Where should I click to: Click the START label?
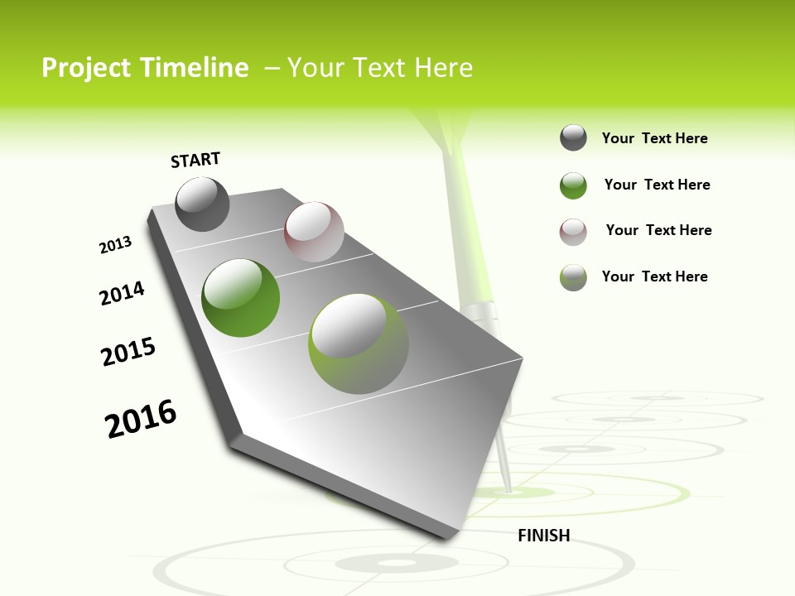pos(195,160)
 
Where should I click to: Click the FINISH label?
pos(543,536)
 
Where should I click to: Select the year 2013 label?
pos(116,245)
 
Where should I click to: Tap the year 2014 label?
pos(123,293)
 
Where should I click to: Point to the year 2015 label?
pos(128,352)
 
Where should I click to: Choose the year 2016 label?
pos(141,418)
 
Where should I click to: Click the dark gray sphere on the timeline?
pos(202,204)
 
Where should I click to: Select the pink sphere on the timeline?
pos(314,232)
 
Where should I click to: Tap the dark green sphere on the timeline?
pos(240,298)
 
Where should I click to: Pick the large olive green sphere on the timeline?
pos(358,344)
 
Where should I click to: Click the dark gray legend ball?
pos(573,137)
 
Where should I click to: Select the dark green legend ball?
pos(573,185)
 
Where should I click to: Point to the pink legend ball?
pos(573,232)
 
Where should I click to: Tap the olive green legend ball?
pos(573,277)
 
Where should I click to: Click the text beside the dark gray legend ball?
pos(654,138)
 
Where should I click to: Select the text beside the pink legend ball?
pos(658,230)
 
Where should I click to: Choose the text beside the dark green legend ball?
pos(657,185)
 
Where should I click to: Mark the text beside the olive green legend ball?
pos(654,276)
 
